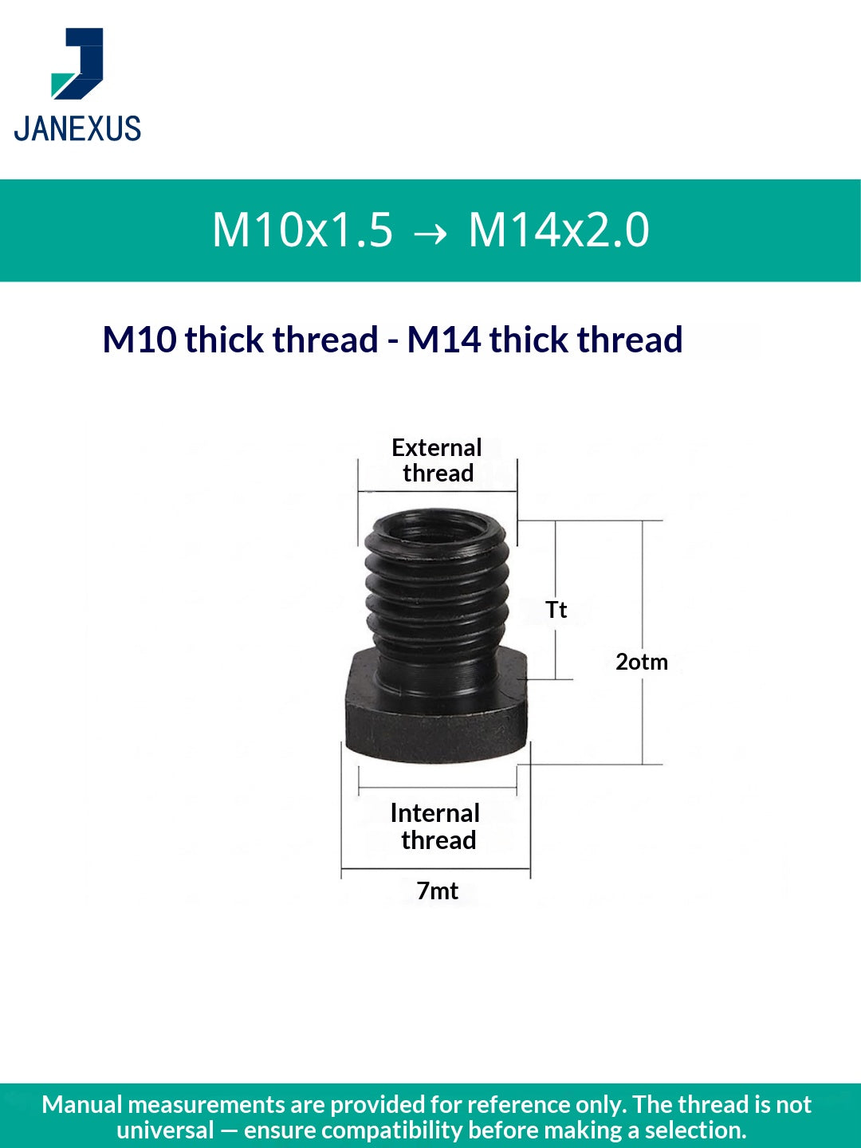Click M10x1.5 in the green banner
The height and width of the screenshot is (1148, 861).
coord(303,230)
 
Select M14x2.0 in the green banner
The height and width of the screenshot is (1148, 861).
coord(559,230)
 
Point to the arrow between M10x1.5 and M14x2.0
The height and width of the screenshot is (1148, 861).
coord(431,233)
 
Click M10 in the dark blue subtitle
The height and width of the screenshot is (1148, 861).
coord(140,340)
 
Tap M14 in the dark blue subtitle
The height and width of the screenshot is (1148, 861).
coord(444,340)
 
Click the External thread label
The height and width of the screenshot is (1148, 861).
coord(437,460)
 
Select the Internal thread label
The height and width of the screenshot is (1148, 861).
coord(436,826)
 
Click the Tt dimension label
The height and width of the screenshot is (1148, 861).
coord(556,610)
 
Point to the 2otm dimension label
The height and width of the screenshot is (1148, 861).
coord(642,662)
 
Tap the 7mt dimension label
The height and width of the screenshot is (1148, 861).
coord(437,890)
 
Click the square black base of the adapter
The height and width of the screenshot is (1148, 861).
coord(437,717)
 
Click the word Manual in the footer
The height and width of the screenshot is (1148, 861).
coord(82,1104)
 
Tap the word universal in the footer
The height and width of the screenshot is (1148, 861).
coord(165,1130)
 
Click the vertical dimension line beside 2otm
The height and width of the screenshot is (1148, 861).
coord(643,717)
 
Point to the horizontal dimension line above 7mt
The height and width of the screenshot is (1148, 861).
coord(436,868)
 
